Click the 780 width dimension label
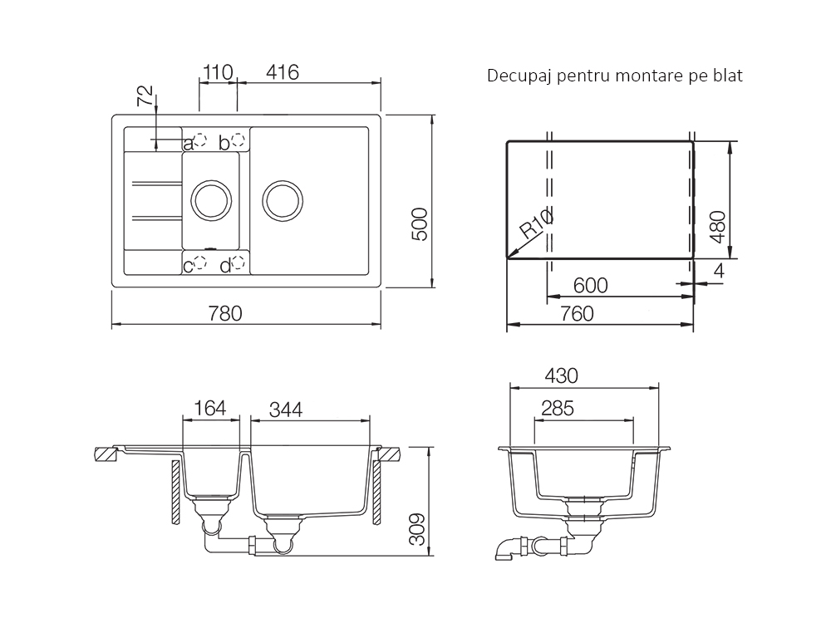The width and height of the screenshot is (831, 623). tap(225, 314)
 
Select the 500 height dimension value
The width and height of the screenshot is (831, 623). tap(420, 224)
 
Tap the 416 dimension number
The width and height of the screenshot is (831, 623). tap(283, 72)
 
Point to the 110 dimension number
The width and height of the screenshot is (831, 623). tap(218, 72)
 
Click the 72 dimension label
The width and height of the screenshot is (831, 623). tap(145, 96)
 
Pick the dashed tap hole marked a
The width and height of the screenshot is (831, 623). tap(199, 140)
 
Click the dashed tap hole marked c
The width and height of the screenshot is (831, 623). tap(199, 262)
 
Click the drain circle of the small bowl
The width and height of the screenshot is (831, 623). tap(211, 201)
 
